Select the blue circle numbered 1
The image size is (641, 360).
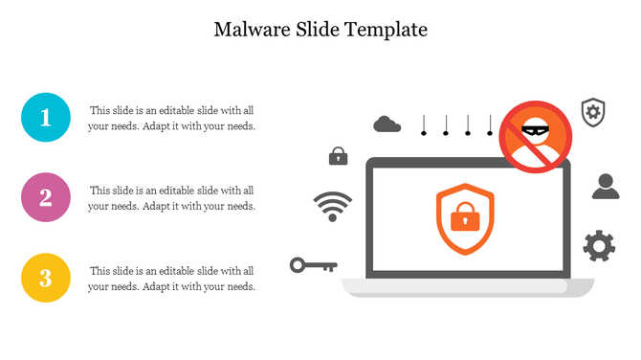[x=45, y=118]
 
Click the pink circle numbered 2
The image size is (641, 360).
[x=45, y=198]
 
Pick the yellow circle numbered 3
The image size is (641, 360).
[x=45, y=279]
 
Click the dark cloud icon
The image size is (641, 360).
[x=387, y=124]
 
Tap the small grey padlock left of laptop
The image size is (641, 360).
[x=338, y=155]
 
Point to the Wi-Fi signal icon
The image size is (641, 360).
[x=332, y=206]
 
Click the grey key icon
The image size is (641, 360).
[x=313, y=264]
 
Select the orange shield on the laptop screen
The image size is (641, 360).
[x=466, y=220]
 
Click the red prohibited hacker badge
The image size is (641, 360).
[x=536, y=137]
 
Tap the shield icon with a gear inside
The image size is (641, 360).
[x=593, y=111]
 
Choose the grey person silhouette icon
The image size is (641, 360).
[x=606, y=186]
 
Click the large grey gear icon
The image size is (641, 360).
[x=599, y=246]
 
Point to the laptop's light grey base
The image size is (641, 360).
[x=468, y=286]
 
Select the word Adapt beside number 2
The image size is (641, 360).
[x=157, y=206]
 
